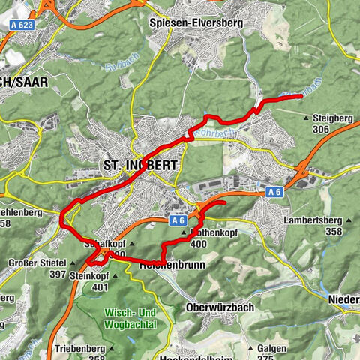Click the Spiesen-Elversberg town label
(x=207, y=23)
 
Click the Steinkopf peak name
(x=89, y=275)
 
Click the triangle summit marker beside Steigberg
(x=306, y=118)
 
